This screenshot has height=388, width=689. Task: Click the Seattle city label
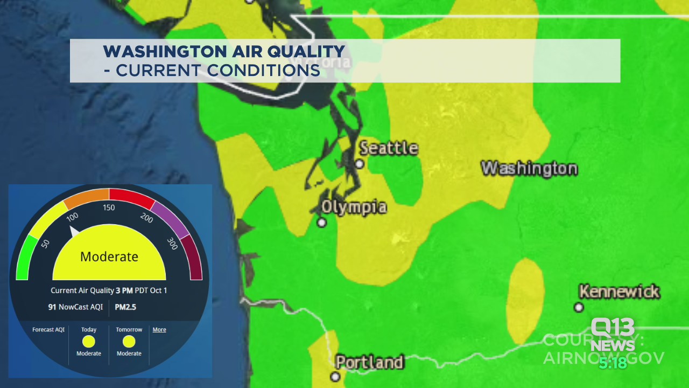tap(389, 148)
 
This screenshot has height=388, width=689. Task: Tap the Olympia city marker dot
tap(322, 222)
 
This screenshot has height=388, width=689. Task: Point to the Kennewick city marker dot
tap(579, 307)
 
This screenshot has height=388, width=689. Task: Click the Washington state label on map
tap(529, 168)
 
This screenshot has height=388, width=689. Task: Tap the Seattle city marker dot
tap(360, 164)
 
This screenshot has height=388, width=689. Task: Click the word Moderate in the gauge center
tap(109, 257)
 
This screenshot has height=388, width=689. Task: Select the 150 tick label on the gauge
tap(109, 208)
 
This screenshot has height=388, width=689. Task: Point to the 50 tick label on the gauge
tap(45, 244)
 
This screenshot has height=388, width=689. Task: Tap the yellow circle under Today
tap(89, 341)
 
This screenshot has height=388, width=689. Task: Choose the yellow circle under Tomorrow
tap(129, 341)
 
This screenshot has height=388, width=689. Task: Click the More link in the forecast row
tap(159, 329)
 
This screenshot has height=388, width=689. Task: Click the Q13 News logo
tap(613, 335)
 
